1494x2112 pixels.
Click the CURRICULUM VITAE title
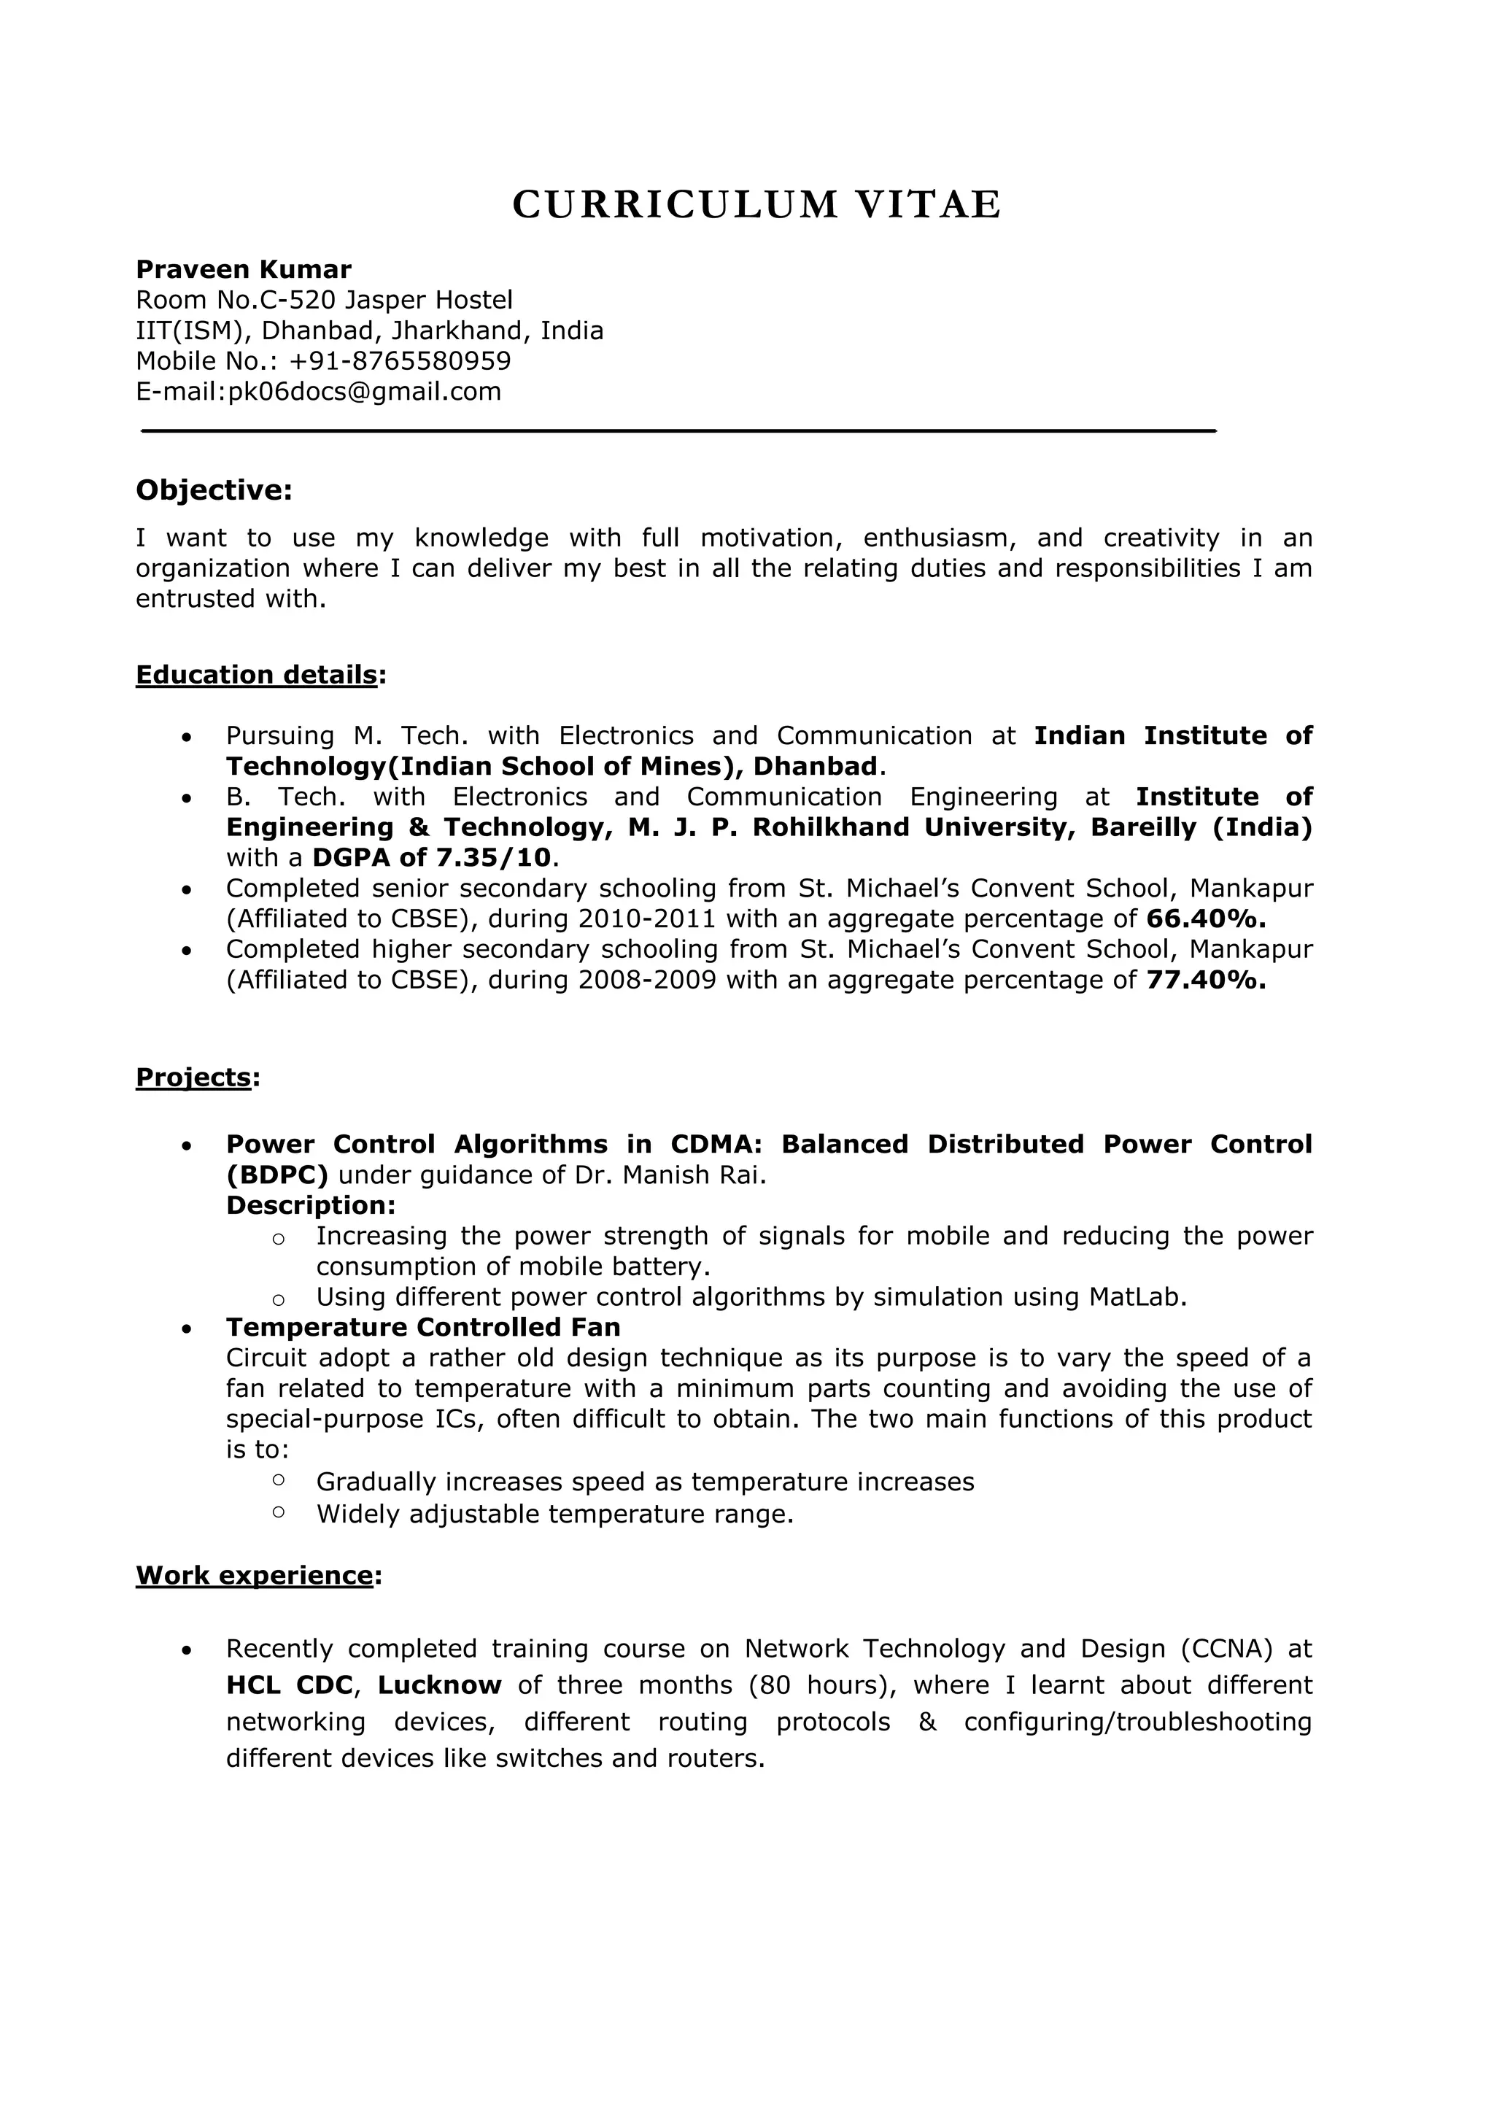click(x=756, y=204)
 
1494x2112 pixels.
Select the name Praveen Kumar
click(x=244, y=269)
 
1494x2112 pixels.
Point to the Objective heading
click(x=214, y=490)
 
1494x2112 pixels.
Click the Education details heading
click(x=257, y=675)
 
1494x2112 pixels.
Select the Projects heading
click(x=193, y=1078)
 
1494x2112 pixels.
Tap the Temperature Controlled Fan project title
click(x=423, y=1327)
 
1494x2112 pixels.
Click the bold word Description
click(x=309, y=1205)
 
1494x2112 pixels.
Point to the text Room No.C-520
click(x=236, y=300)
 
